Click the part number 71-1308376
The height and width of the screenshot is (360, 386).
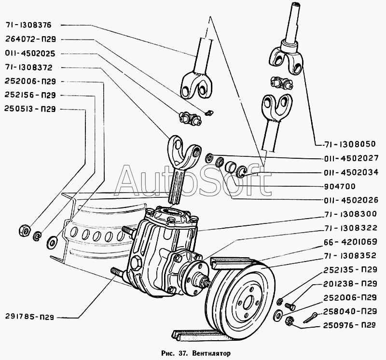tap(28, 25)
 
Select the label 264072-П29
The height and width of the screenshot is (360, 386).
tap(30, 39)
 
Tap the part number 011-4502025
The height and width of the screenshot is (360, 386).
tap(30, 54)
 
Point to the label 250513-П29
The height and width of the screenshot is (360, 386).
tap(30, 109)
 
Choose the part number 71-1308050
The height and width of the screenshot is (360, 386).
tap(349, 144)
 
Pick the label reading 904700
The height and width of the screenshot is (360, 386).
tap(340, 186)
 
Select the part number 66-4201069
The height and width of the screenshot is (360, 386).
tap(351, 242)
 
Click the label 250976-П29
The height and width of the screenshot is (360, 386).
tap(349, 325)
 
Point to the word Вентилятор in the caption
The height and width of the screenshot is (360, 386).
tap(212, 354)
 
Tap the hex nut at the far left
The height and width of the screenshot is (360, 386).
tap(25, 230)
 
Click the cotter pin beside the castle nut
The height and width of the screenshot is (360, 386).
tap(311, 318)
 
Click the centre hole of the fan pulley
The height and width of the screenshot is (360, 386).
tap(248, 303)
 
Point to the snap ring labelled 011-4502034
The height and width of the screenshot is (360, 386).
tap(241, 172)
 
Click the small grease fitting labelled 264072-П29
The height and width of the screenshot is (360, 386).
tap(209, 113)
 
